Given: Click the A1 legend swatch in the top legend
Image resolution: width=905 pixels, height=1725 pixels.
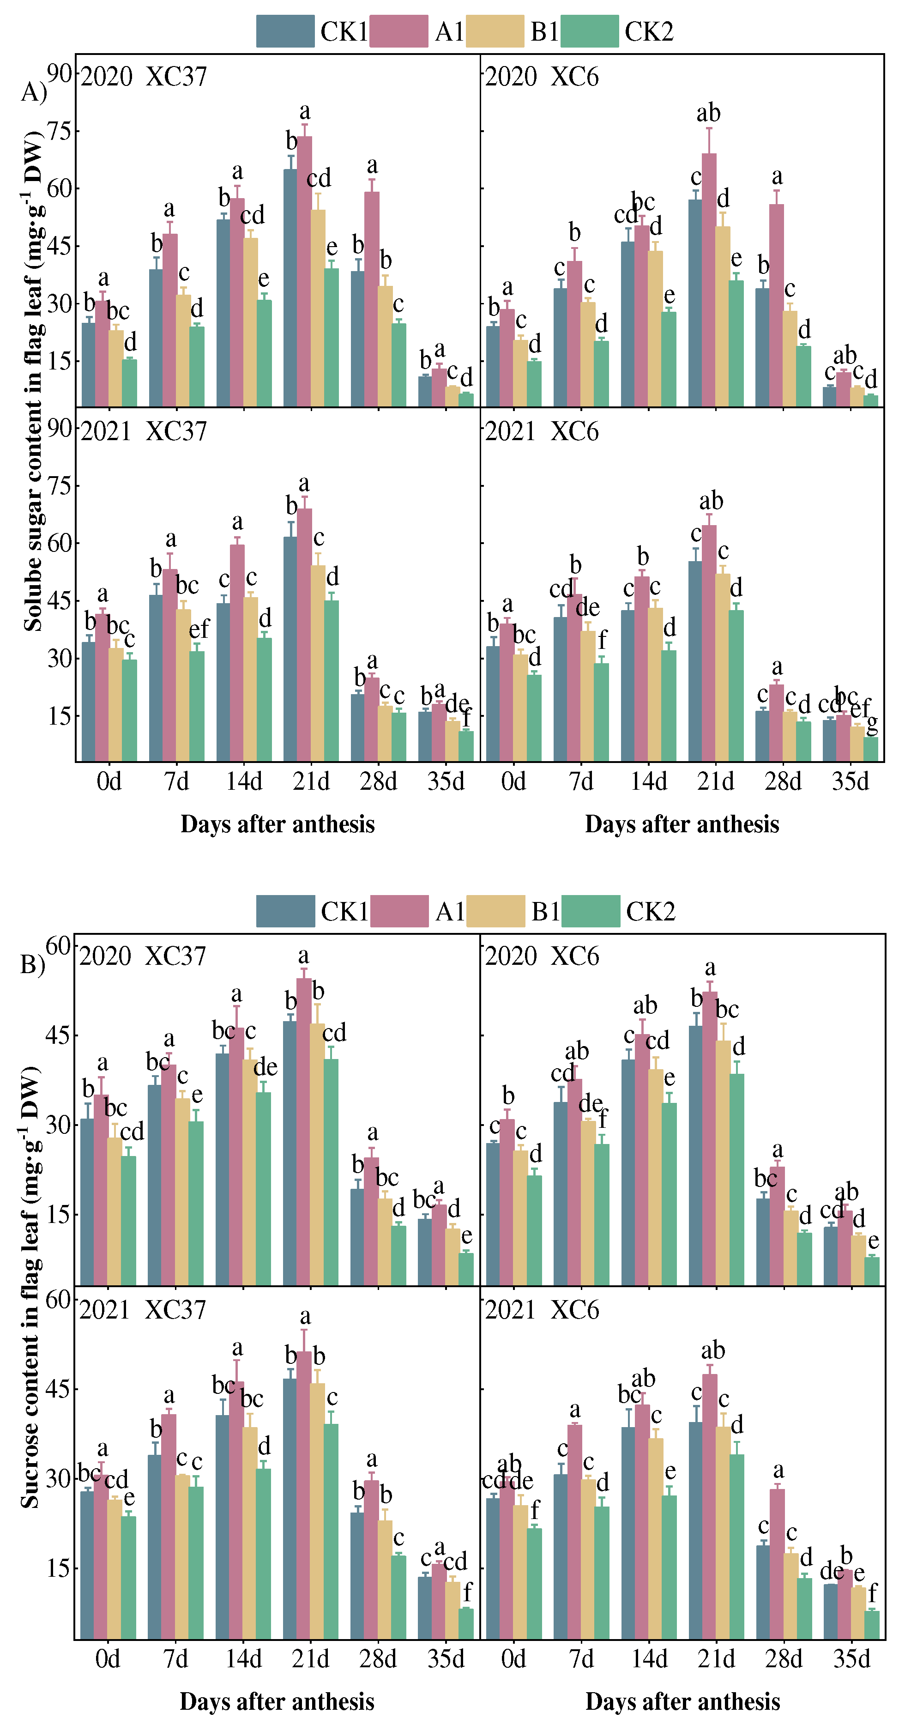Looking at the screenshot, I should click(x=398, y=31).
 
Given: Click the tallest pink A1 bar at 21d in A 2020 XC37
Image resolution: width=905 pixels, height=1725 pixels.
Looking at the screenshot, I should click(x=305, y=268).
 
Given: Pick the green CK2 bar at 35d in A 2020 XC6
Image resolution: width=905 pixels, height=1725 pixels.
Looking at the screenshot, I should click(x=870, y=400).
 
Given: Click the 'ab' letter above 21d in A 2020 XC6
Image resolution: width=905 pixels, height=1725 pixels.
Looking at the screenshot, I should click(x=708, y=113).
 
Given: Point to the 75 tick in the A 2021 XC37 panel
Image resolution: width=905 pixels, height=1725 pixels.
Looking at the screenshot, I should click(x=60, y=485).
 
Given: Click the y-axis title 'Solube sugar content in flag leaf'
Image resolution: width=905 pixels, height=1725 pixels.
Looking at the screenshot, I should click(x=33, y=381).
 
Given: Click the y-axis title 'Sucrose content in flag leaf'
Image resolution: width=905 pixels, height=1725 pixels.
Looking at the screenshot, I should click(x=30, y=1286).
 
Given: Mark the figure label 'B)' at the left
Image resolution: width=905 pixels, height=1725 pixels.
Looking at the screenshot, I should click(x=32, y=964).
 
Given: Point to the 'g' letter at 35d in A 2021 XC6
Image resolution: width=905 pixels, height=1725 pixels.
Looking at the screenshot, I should click(x=872, y=725).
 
